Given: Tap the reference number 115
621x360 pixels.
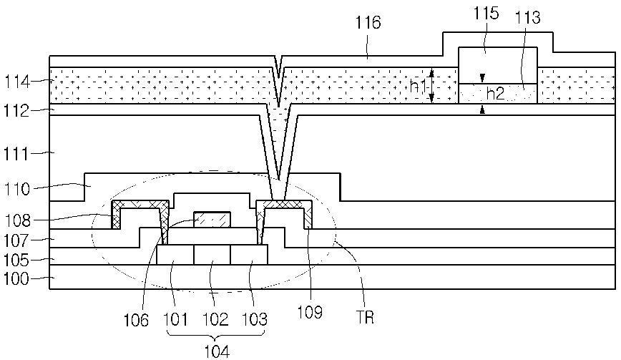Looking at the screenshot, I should point(487,15).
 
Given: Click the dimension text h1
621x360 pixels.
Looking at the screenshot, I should point(419,86).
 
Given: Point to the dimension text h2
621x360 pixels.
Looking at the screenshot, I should point(495,93).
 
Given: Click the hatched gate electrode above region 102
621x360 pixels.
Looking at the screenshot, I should point(212,220).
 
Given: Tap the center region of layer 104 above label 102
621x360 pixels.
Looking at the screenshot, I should point(212,255).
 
